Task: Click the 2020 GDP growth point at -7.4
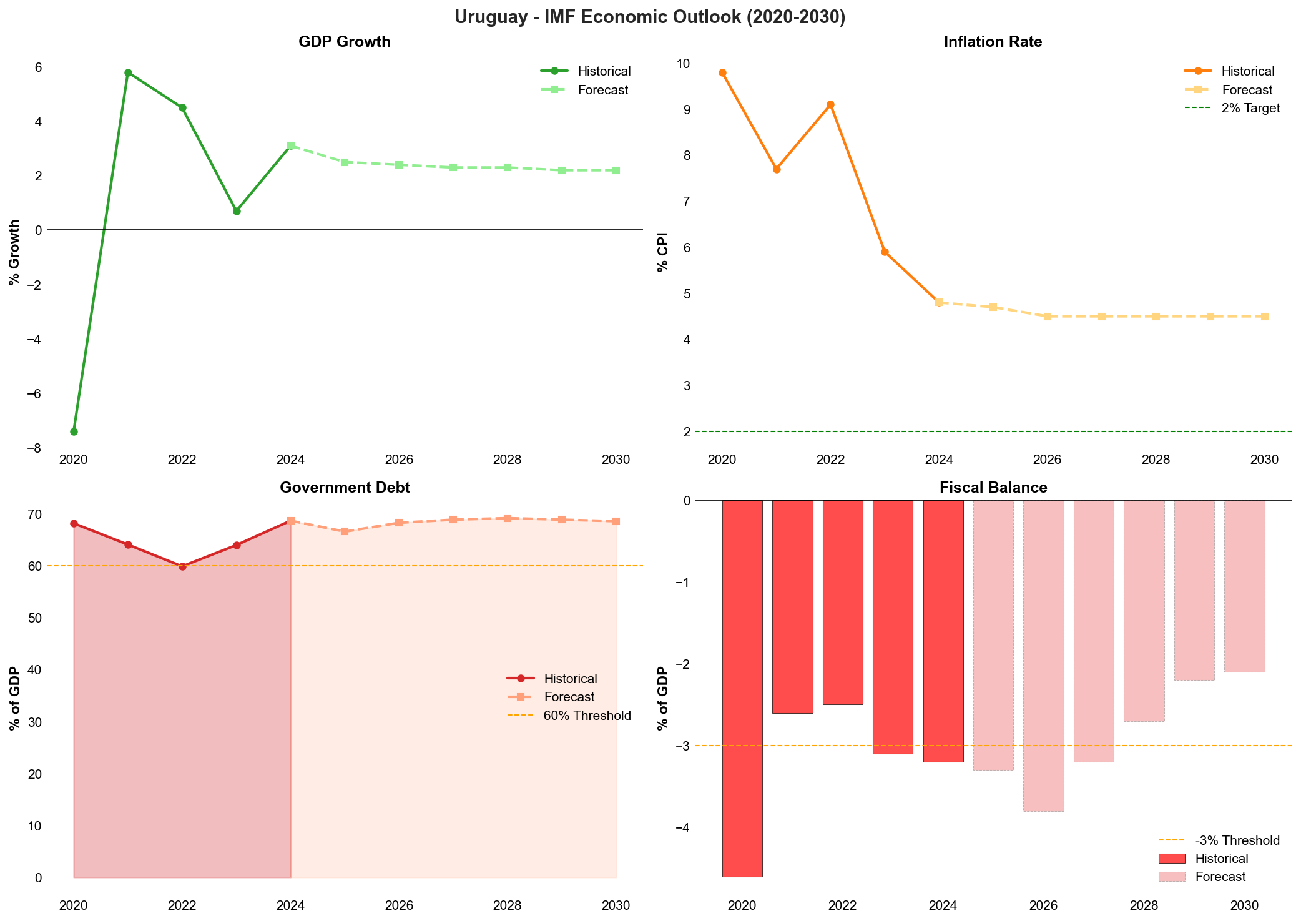coord(74,431)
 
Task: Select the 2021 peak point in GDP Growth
coord(128,72)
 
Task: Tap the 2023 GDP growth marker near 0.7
coord(237,211)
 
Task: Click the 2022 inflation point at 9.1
coord(830,105)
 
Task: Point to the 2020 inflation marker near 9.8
coord(722,72)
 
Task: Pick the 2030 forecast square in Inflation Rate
coord(1264,317)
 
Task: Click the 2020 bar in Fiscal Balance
coord(742,687)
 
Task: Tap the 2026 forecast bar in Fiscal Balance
coord(1043,656)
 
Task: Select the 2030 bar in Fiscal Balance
coord(1244,587)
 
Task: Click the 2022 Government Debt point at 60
coord(182,566)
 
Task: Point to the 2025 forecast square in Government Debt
coord(345,531)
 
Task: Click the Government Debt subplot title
coord(345,488)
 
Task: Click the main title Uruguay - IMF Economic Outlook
coord(650,17)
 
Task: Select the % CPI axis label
coord(663,252)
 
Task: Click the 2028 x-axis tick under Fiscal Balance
coord(1144,905)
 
